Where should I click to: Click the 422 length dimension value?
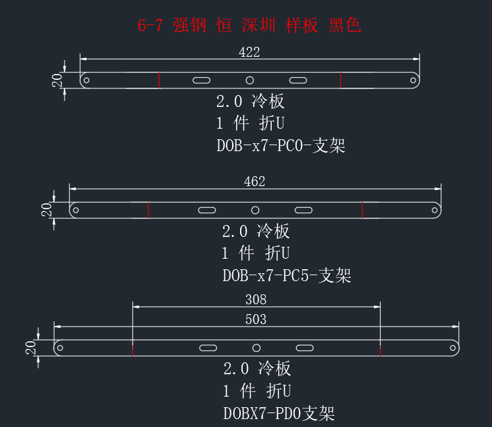[x=249, y=52]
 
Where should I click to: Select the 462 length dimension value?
[x=255, y=181]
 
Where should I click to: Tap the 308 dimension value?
[x=256, y=300]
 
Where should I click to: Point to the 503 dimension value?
[x=256, y=319]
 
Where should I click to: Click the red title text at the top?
[x=249, y=25]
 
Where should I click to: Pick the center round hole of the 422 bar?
[x=250, y=81]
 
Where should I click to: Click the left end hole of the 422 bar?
[x=86, y=81]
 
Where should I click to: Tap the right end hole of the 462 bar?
[x=435, y=210]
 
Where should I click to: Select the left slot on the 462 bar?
[x=207, y=210]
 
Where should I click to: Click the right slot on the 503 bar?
[x=305, y=348]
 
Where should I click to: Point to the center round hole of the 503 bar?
[x=257, y=348]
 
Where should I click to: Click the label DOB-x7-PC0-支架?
[x=281, y=146]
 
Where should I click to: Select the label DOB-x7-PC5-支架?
[x=287, y=276]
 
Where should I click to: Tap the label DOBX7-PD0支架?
[x=279, y=414]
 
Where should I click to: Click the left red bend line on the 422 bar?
[x=159, y=81]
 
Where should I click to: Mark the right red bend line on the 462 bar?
[x=362, y=210]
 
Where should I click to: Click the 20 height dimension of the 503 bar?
[x=30, y=348]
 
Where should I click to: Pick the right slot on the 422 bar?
[x=298, y=81]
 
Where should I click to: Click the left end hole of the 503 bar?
[x=60, y=348]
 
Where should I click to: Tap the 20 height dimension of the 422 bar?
[x=57, y=81]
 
